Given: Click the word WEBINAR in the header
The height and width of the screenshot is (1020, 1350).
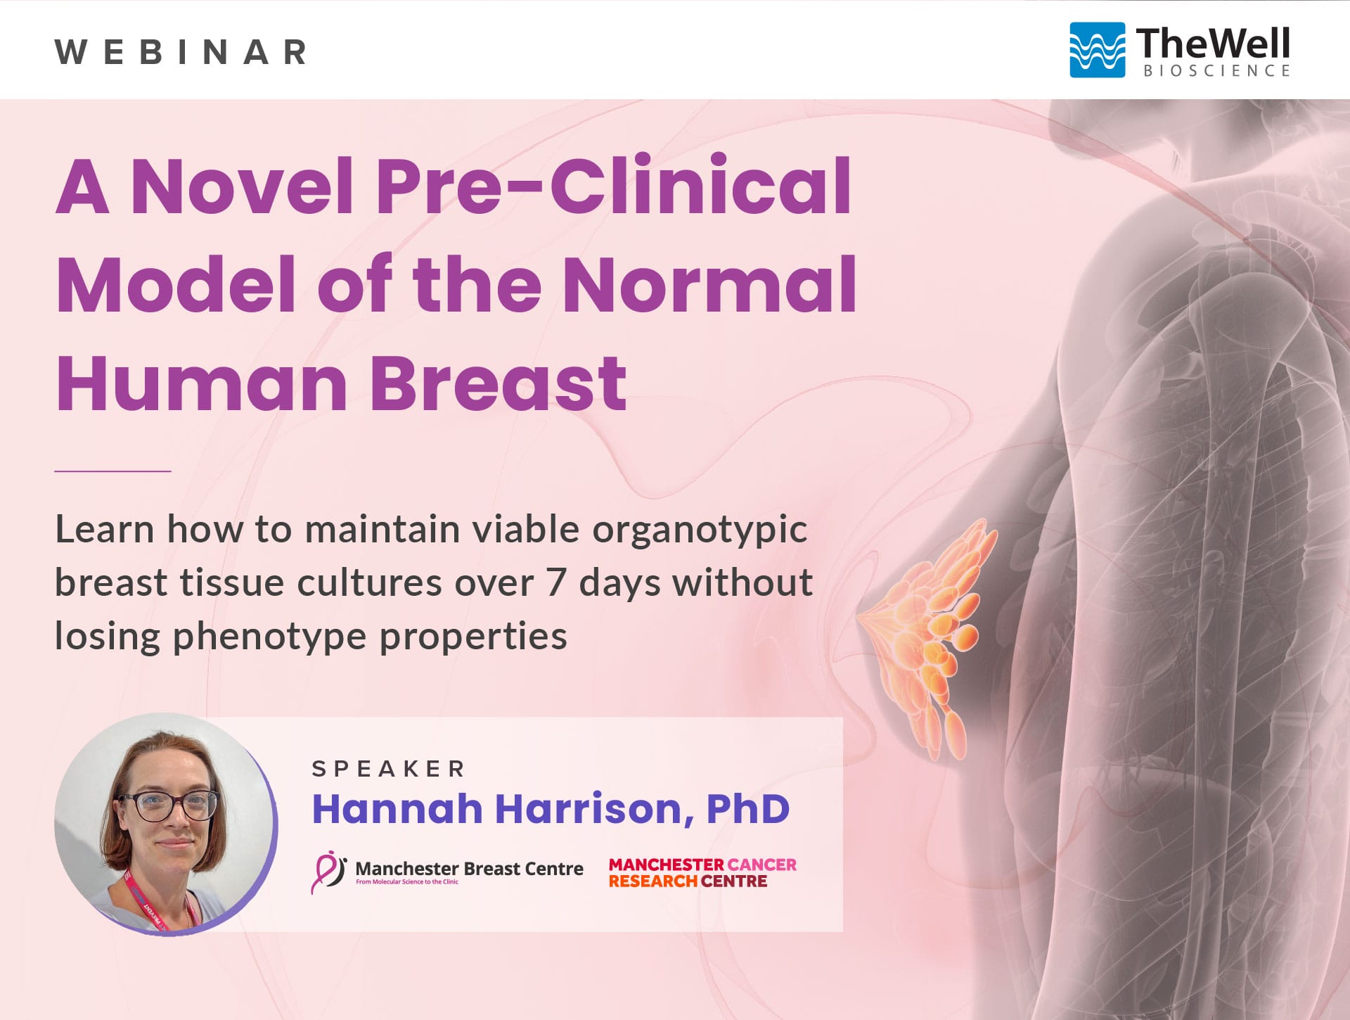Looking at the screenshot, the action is tap(181, 52).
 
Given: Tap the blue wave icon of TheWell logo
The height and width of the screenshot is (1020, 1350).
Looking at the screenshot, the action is tap(1097, 50).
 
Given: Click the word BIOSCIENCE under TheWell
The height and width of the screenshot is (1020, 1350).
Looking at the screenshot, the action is tap(1216, 70).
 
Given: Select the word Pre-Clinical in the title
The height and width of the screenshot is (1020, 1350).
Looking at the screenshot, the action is tap(613, 186).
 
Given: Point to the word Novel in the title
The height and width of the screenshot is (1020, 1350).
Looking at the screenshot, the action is tap(242, 186).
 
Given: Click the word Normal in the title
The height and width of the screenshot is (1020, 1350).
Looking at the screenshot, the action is tap(709, 284).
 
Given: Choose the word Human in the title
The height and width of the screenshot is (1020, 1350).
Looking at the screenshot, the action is tap(202, 383).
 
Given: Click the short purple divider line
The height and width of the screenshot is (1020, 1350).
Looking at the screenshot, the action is tap(113, 471).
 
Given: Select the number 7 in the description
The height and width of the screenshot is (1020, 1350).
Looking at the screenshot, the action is tap(555, 582).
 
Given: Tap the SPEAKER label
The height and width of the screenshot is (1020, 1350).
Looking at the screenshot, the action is tap(389, 769).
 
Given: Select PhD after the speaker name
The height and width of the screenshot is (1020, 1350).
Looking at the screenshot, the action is tap(748, 809).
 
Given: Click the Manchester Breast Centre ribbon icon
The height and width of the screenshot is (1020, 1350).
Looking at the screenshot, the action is tap(328, 872).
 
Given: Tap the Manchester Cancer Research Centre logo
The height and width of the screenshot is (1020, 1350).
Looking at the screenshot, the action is tap(702, 872).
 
